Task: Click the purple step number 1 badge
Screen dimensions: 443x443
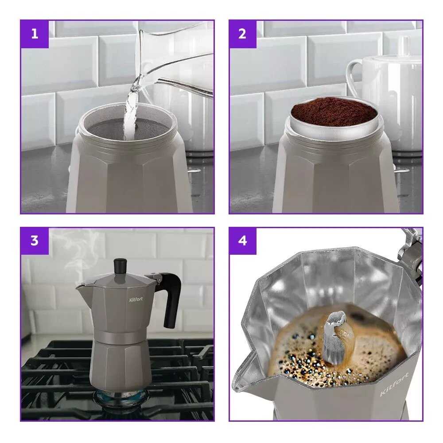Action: click(x=35, y=34)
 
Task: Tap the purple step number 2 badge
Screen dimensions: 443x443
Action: click(x=243, y=34)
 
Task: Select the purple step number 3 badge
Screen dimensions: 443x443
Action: click(x=35, y=241)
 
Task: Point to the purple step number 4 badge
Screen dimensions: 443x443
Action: click(x=243, y=241)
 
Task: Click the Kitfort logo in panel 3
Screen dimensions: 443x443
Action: click(x=136, y=299)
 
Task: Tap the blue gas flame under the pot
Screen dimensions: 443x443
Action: click(x=121, y=396)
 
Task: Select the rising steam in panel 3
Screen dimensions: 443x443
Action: click(x=75, y=254)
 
